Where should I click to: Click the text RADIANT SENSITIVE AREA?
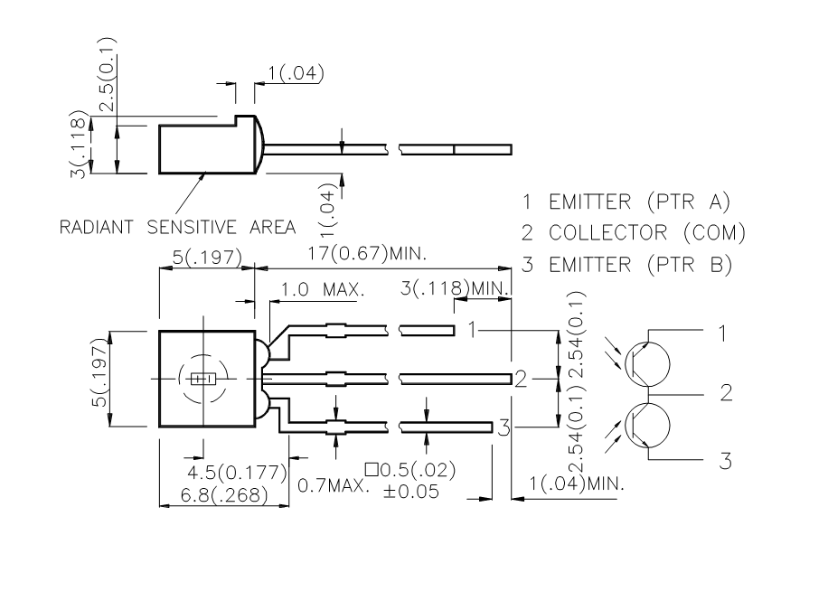(176, 226)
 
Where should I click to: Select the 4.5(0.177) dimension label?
(237, 473)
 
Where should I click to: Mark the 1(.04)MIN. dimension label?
(578, 484)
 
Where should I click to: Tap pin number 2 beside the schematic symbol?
(725, 394)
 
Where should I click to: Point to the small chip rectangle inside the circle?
(202, 377)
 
